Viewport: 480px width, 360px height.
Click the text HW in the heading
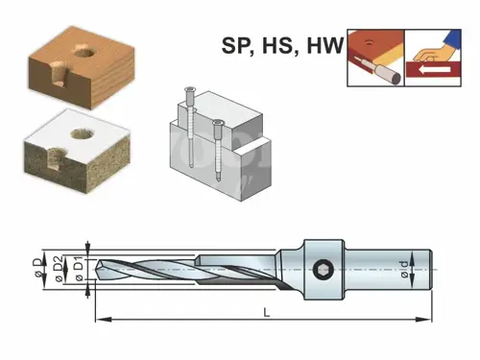click(x=325, y=45)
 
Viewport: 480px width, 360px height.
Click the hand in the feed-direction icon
click(x=430, y=54)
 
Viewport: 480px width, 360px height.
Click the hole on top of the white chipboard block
click(x=82, y=133)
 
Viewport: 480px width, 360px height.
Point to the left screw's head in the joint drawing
click(x=190, y=90)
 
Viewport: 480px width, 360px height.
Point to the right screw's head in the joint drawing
click(x=218, y=123)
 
